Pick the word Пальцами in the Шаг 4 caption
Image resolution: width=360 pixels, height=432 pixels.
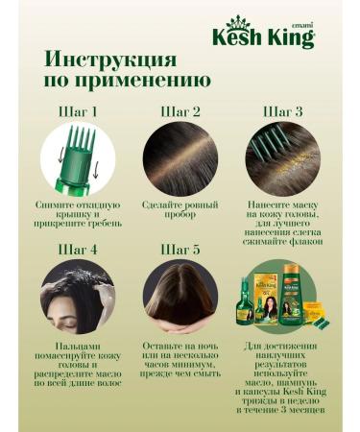click(x=76, y=344)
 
